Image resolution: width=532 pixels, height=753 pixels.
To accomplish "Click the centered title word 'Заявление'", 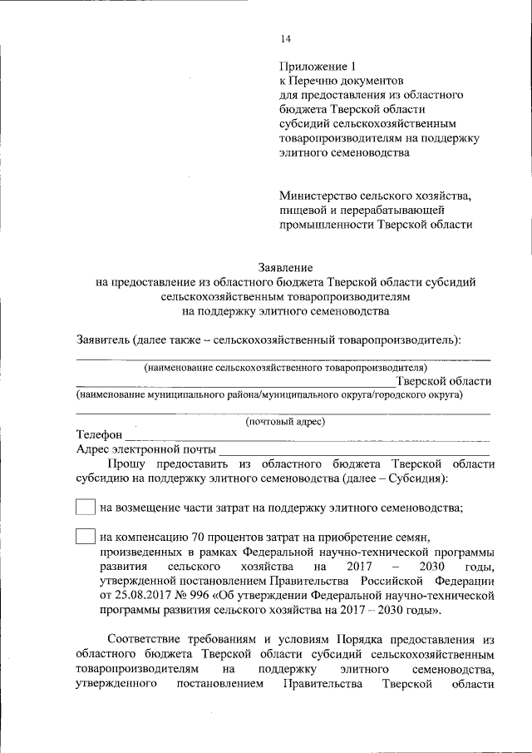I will click(285, 268).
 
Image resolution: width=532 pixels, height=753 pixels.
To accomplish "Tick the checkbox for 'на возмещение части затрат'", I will click(85, 508).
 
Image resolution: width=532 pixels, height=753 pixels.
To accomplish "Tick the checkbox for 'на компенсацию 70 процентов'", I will click(85, 537).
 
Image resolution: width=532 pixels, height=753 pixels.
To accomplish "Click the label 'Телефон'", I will click(100, 435).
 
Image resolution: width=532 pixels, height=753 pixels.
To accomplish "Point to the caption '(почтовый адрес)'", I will click(285, 421).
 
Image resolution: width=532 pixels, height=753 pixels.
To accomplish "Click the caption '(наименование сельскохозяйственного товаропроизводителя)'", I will click(285, 366).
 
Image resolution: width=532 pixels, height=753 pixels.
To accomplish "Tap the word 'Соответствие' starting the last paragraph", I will click(146, 639).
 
